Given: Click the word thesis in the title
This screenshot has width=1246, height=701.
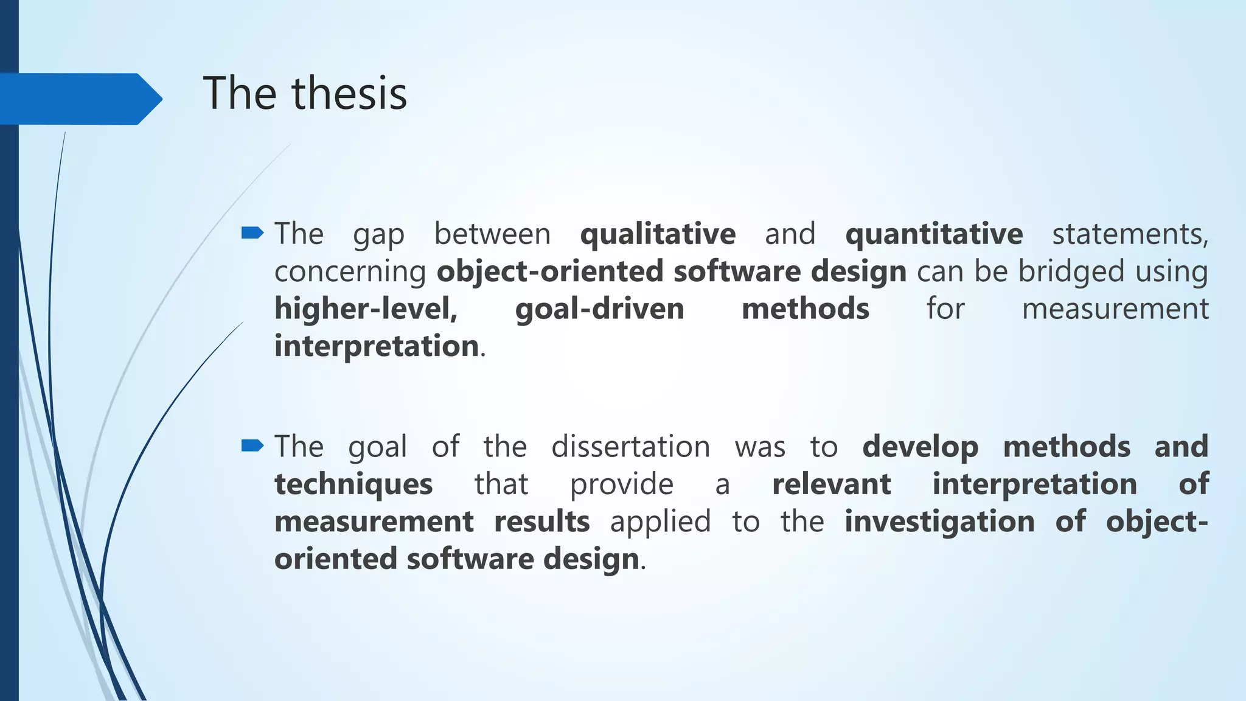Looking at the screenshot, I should pos(349,94).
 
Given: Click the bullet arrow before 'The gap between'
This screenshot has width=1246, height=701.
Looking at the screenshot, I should pos(252,232).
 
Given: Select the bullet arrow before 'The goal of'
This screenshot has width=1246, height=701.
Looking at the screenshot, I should pos(252,446).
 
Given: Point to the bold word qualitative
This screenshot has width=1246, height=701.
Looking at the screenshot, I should pos(658,234).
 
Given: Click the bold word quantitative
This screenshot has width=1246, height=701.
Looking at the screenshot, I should pos(934,234).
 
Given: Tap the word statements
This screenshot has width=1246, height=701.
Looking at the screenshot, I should pos(1130,234).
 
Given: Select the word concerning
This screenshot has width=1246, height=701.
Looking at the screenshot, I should pos(350,272).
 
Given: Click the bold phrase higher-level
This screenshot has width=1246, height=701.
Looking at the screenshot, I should pos(366,309).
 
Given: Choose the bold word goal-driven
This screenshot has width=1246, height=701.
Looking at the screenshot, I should pos(599,309).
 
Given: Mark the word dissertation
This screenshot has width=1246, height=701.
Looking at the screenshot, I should pos(630,447).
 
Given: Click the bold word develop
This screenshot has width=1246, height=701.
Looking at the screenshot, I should pos(920,447).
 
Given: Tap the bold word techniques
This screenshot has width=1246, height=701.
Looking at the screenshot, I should pos(353,485).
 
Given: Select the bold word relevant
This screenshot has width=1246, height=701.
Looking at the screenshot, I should pos(831,484).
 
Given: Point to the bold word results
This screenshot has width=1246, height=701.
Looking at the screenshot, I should pos(541,521).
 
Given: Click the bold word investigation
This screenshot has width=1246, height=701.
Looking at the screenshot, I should pos(939,522).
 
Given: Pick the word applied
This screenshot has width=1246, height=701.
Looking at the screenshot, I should pos(660,522).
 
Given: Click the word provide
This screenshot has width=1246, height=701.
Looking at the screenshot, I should pos(621,485).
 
